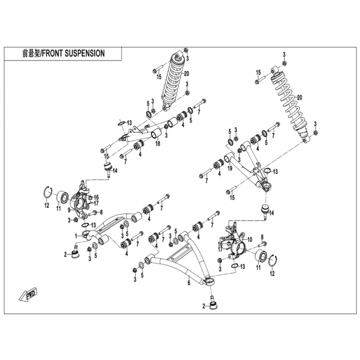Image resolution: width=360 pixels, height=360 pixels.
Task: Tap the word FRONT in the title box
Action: click(53, 53)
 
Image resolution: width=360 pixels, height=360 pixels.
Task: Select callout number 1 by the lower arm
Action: click(76, 236)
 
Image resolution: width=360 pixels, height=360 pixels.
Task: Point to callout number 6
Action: click(189, 283)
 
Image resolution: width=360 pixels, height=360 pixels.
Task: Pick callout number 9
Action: click(69, 209)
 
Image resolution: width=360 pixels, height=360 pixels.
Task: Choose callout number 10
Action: click(250, 240)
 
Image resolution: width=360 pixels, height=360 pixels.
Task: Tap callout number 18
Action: click(157, 144)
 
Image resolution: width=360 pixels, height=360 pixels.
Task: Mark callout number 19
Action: click(230, 168)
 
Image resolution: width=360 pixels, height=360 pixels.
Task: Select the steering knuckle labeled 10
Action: click(235, 244)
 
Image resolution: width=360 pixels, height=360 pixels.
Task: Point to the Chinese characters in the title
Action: click(31, 53)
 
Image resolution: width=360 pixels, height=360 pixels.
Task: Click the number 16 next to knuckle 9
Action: click(96, 197)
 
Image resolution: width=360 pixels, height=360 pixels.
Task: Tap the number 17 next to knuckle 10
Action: click(220, 249)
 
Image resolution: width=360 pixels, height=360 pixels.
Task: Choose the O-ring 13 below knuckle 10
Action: click(234, 266)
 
